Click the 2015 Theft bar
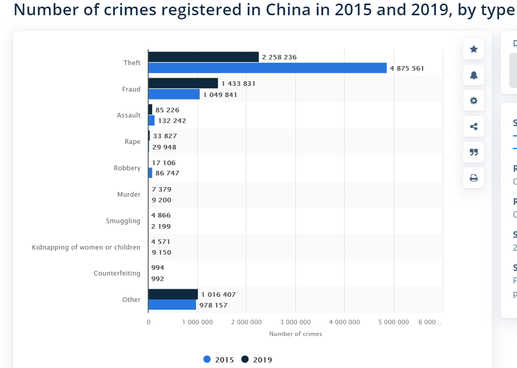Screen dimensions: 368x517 pyautogui.click(x=267, y=68)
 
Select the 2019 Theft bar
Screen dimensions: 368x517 pyautogui.click(x=203, y=57)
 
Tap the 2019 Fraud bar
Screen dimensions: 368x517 pyautogui.click(x=183, y=83)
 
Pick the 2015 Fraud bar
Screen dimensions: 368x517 pyautogui.click(x=174, y=95)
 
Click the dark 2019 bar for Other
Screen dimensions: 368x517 pyautogui.click(x=173, y=294)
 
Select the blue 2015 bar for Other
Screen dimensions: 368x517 pyautogui.click(x=172, y=305)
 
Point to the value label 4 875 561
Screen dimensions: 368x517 pyautogui.click(x=407, y=68)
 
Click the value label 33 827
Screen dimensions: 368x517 pyautogui.click(x=165, y=136)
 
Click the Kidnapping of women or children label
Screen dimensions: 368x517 pyautogui.click(x=86, y=247)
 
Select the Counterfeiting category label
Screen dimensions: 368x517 pyautogui.click(x=117, y=273)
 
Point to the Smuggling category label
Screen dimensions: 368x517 pyautogui.click(x=123, y=221)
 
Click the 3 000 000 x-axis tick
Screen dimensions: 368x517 pyautogui.click(x=295, y=322)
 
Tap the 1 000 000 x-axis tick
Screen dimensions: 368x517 pyautogui.click(x=197, y=322)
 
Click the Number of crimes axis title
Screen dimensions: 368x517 pyautogui.click(x=295, y=334)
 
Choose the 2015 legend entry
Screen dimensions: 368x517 pyautogui.click(x=219, y=360)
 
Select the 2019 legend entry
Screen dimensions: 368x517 pyautogui.click(x=257, y=360)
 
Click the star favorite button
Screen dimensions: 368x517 pyautogui.click(x=473, y=49)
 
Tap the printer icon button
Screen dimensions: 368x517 pyautogui.click(x=473, y=178)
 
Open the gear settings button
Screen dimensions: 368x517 pyautogui.click(x=473, y=101)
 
